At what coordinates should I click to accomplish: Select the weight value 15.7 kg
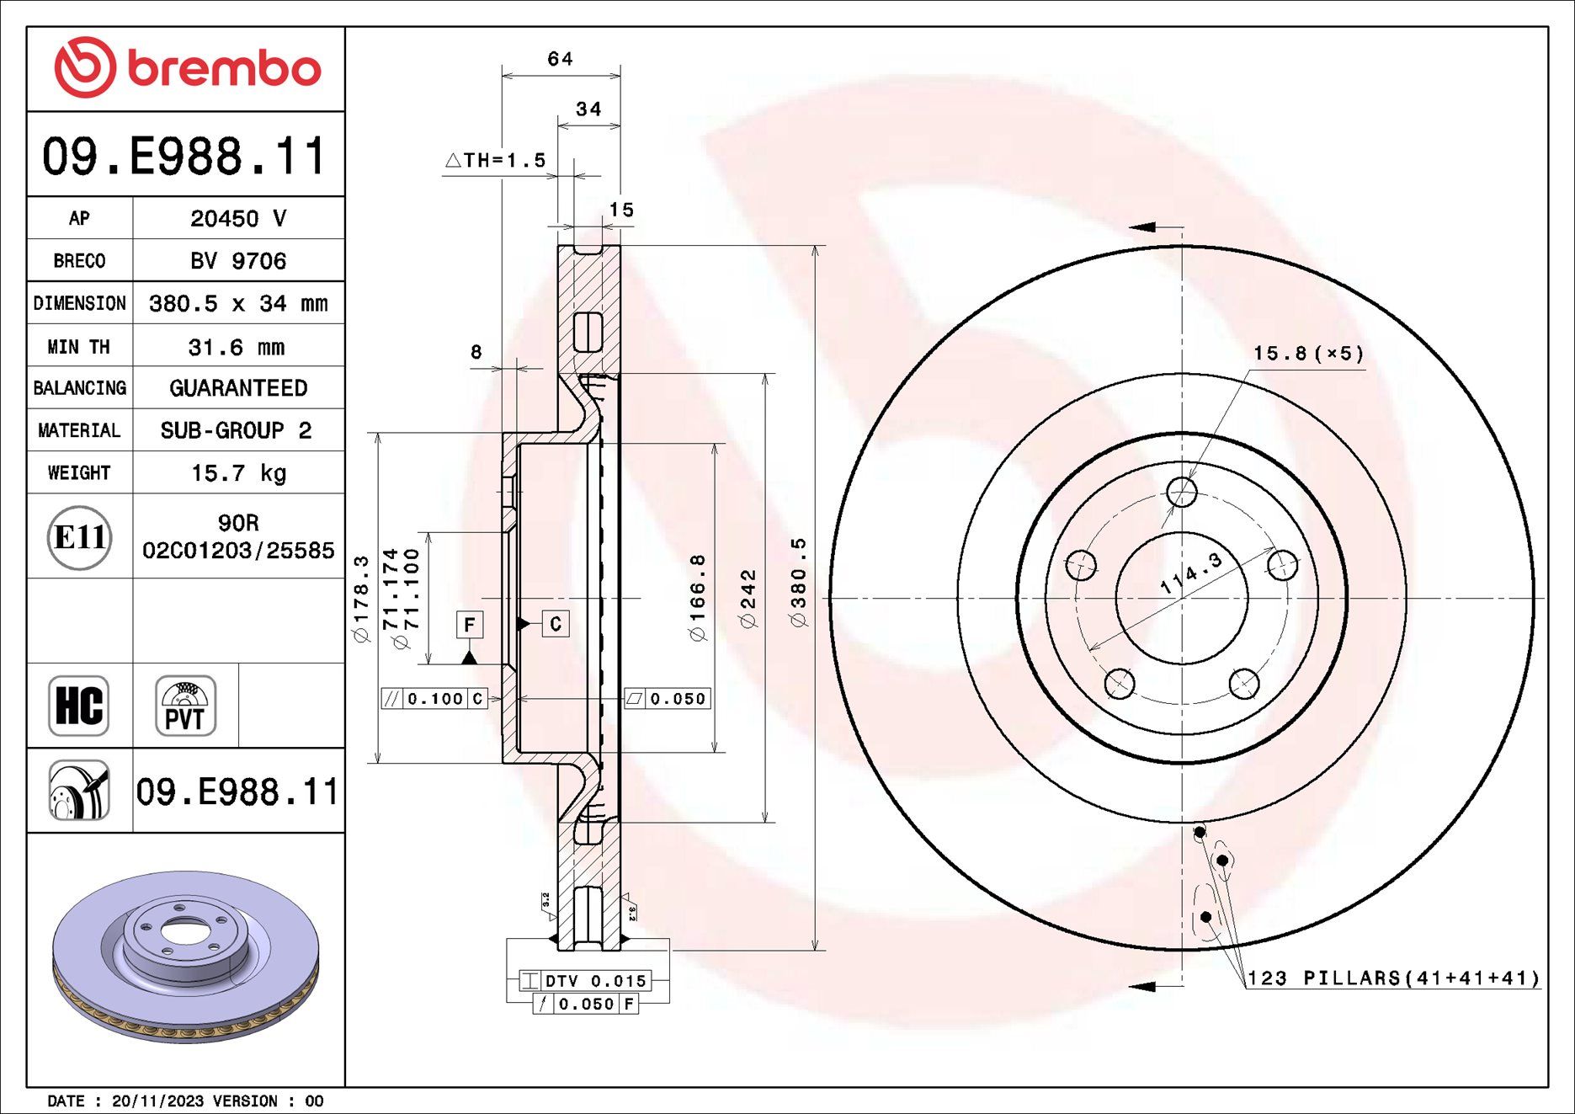[238, 473]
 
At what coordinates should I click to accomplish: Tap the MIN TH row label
[79, 347]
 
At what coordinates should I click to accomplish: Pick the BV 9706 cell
[238, 261]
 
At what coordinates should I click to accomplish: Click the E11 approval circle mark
[79, 537]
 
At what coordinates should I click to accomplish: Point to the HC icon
[79, 706]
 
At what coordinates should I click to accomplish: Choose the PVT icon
[185, 706]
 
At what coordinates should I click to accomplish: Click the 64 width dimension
[560, 59]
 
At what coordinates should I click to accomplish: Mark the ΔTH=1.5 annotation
[496, 160]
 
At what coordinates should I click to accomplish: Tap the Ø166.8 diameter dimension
[698, 598]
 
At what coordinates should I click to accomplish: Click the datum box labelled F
[470, 625]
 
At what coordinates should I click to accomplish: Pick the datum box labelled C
[555, 624]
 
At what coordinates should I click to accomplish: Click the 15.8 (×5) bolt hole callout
[1308, 354]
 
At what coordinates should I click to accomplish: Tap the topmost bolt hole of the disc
[1182, 491]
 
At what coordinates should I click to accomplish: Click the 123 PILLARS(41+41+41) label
[1393, 978]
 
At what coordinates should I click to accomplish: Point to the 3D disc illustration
[185, 956]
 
